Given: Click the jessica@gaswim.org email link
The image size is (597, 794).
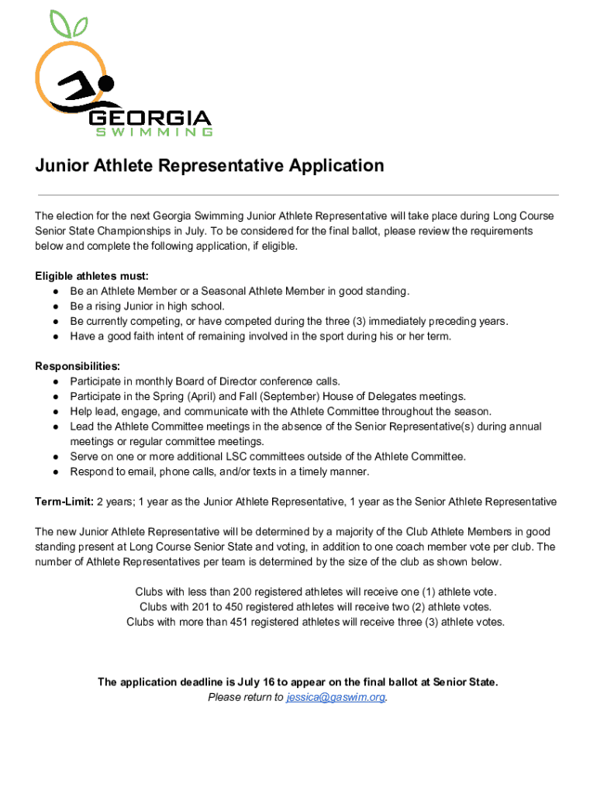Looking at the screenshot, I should point(336,697).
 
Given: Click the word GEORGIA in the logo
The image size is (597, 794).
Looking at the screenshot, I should point(150,119).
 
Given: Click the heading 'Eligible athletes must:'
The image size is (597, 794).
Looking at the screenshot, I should point(91,276).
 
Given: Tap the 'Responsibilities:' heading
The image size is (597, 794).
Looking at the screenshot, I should point(77,366).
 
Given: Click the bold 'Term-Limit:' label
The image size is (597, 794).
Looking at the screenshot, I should point(64,502).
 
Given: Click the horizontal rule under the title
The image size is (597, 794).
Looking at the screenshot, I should point(298,195).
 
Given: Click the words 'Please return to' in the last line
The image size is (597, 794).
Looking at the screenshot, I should point(246,697).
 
